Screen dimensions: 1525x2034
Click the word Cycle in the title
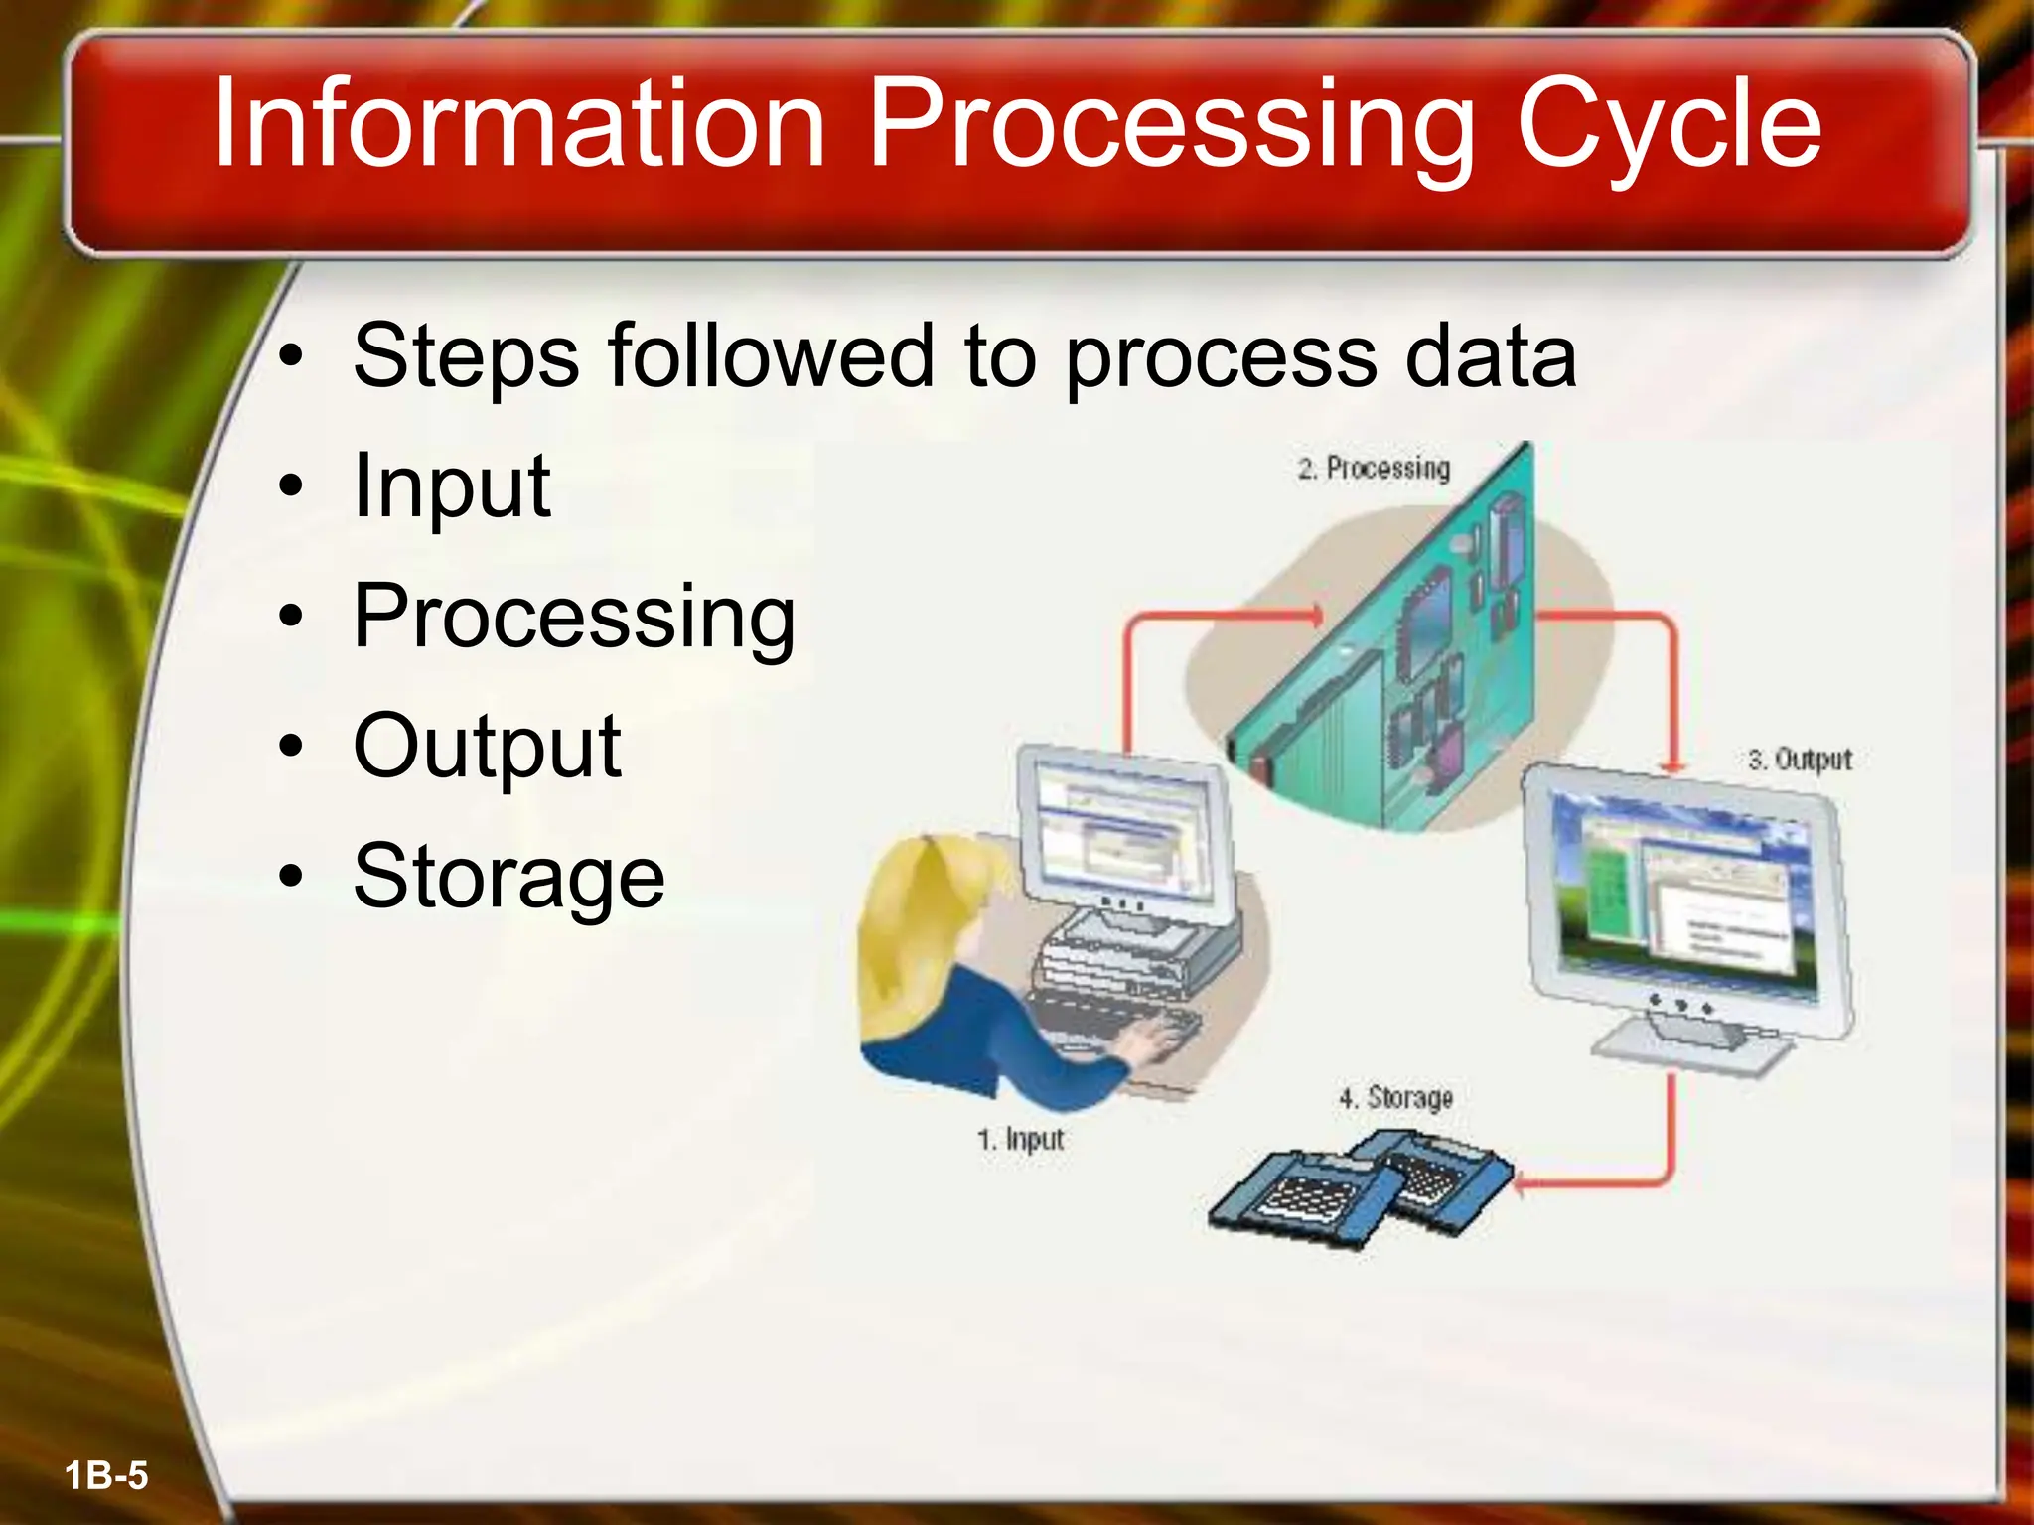(x=1669, y=127)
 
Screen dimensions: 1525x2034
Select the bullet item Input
(x=452, y=486)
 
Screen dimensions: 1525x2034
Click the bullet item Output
(x=487, y=747)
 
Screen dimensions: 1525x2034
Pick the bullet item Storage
(x=508, y=877)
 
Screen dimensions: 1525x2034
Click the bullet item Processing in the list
(x=574, y=617)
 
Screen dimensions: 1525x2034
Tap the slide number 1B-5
(x=106, y=1475)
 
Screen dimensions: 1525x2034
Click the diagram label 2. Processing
(x=1374, y=468)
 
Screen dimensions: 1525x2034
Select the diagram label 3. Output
(x=1800, y=760)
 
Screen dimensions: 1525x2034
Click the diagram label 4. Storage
(x=1395, y=1098)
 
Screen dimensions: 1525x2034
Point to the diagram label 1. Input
(x=1020, y=1139)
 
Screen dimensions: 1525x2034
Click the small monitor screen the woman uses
(x=1122, y=829)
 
